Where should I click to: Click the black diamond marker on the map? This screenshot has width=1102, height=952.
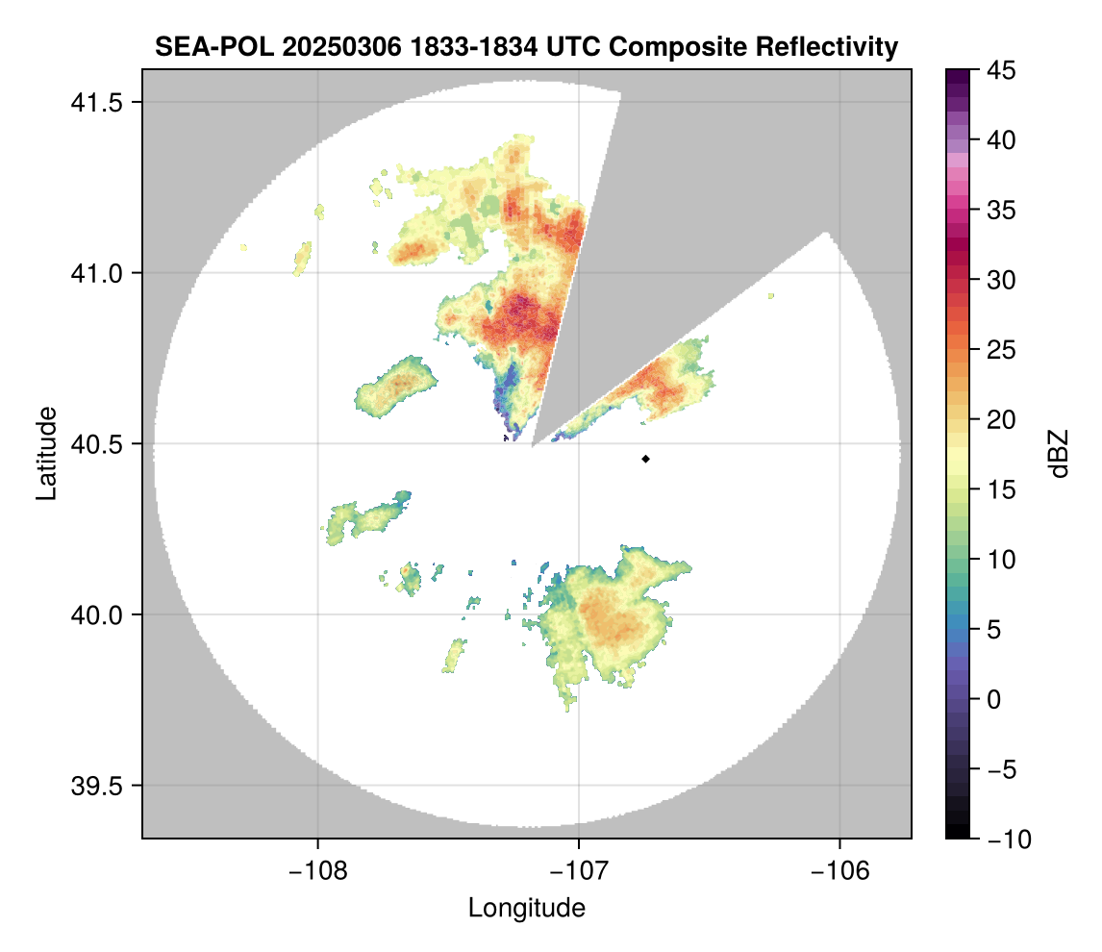tap(646, 459)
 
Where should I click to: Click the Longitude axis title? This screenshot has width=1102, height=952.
tap(527, 907)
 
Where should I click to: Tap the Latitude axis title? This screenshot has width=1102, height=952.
tap(45, 453)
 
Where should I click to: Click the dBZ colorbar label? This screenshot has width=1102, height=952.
tap(1059, 454)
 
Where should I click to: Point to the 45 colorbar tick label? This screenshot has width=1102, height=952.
tap(1000, 70)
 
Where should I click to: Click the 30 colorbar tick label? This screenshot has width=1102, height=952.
tap(1000, 280)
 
